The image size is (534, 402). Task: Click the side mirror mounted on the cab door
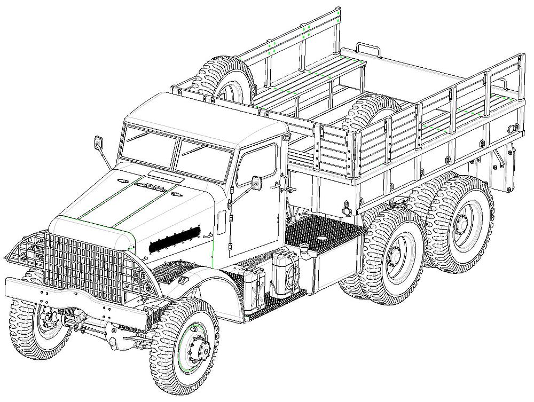[257, 183]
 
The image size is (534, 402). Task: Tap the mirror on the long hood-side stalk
[99, 143]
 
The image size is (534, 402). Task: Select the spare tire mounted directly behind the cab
[223, 79]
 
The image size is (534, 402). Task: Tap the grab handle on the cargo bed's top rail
[368, 50]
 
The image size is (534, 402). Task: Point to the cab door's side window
[258, 163]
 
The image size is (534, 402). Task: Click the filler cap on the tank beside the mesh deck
[305, 247]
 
